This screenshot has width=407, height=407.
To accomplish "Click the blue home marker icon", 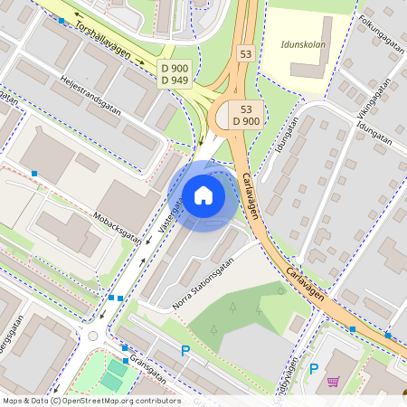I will coord(203,194).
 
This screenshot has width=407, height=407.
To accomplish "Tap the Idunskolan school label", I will coord(303,43).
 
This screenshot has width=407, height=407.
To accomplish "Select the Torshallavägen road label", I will coord(103,41).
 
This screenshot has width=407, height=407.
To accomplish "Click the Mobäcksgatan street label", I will coord(118,228).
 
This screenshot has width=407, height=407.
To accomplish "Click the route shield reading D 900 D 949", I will coord(175,75).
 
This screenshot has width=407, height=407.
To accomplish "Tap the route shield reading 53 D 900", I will coord(247,114).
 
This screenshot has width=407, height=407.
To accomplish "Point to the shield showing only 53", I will coord(246,54).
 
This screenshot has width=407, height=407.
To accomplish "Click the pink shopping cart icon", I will coord(333,382).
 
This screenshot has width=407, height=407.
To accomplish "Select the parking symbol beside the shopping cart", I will coord(314,368).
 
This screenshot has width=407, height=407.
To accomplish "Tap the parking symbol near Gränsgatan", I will coord(185,351).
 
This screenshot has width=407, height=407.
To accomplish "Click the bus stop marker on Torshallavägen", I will coord(62,20).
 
